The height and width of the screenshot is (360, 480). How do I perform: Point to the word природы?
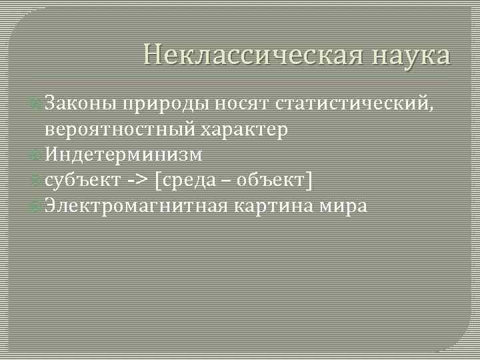(168, 104)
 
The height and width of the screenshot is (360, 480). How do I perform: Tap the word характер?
(246, 129)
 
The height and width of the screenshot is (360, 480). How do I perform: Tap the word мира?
(343, 205)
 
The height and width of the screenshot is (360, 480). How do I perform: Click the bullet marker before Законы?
(38, 105)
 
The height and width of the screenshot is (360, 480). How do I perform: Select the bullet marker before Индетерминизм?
(38, 155)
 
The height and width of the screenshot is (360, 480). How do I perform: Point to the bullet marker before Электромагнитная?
(38, 206)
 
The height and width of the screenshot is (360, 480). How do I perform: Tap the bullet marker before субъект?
(38, 181)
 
